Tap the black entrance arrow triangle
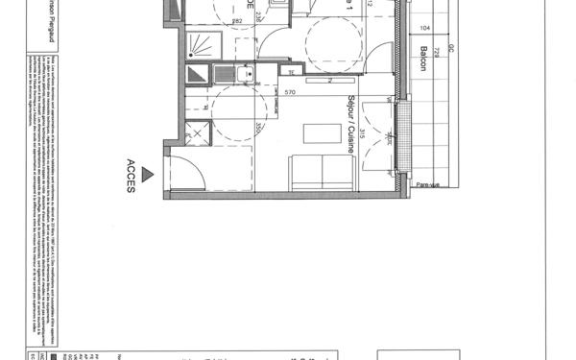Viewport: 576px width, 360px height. [x=146, y=174]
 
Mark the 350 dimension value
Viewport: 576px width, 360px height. [x=258, y=129]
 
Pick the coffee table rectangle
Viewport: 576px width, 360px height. [x=321, y=132]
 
